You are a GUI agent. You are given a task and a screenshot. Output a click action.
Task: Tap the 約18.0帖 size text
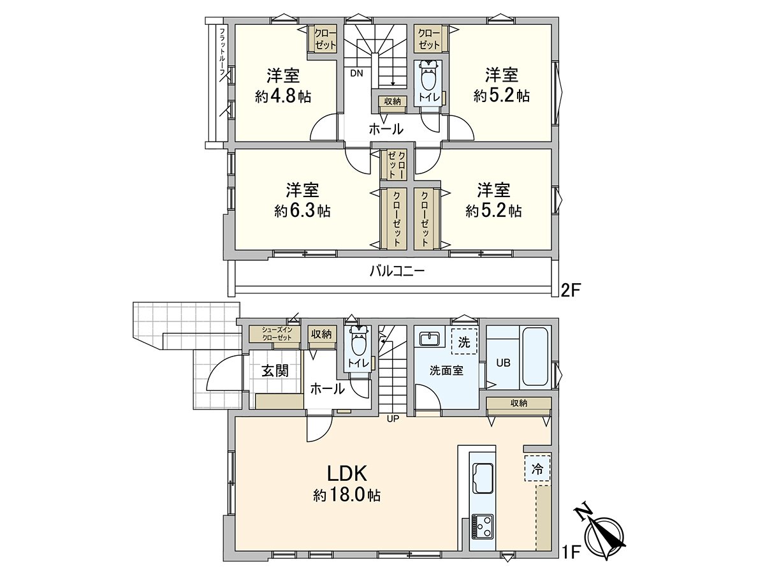pos(347,495)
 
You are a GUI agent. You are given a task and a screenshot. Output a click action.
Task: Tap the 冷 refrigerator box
pos(537,469)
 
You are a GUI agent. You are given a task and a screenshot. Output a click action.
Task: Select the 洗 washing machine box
pos(464,342)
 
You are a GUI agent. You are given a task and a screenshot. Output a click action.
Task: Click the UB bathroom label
pos(504,362)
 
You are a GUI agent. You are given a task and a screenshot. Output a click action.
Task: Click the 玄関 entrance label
pos(275,371)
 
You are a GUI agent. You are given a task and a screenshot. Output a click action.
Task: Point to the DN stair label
pos(356,73)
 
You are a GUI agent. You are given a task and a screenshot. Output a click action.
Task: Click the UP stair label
pos(392,419)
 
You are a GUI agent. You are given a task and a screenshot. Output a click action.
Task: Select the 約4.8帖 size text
pos(283,97)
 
